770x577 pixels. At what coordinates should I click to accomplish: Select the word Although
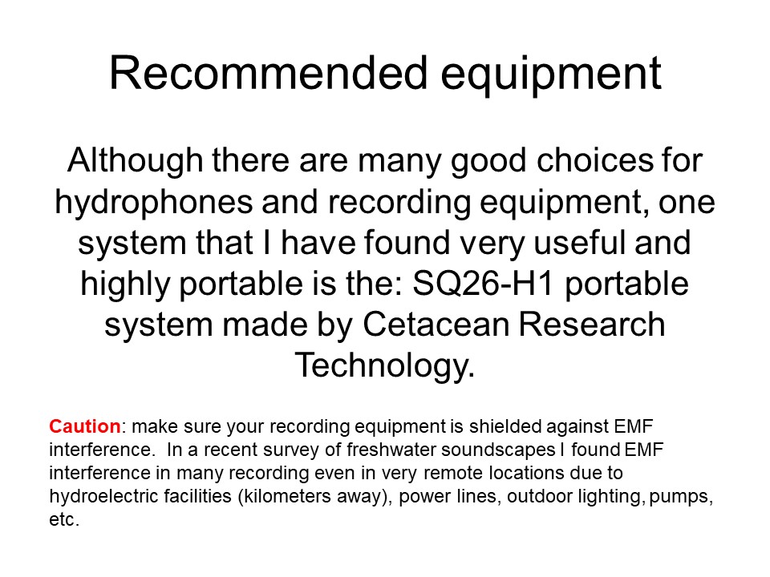tap(135, 161)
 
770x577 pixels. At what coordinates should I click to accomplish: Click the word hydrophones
tap(154, 203)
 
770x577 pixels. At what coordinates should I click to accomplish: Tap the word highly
tap(125, 285)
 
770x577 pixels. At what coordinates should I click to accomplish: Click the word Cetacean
tap(436, 325)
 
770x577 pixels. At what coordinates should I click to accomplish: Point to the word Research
tap(592, 325)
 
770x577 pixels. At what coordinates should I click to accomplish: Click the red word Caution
tap(85, 426)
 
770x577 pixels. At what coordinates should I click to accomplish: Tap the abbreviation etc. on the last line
tap(64, 519)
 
